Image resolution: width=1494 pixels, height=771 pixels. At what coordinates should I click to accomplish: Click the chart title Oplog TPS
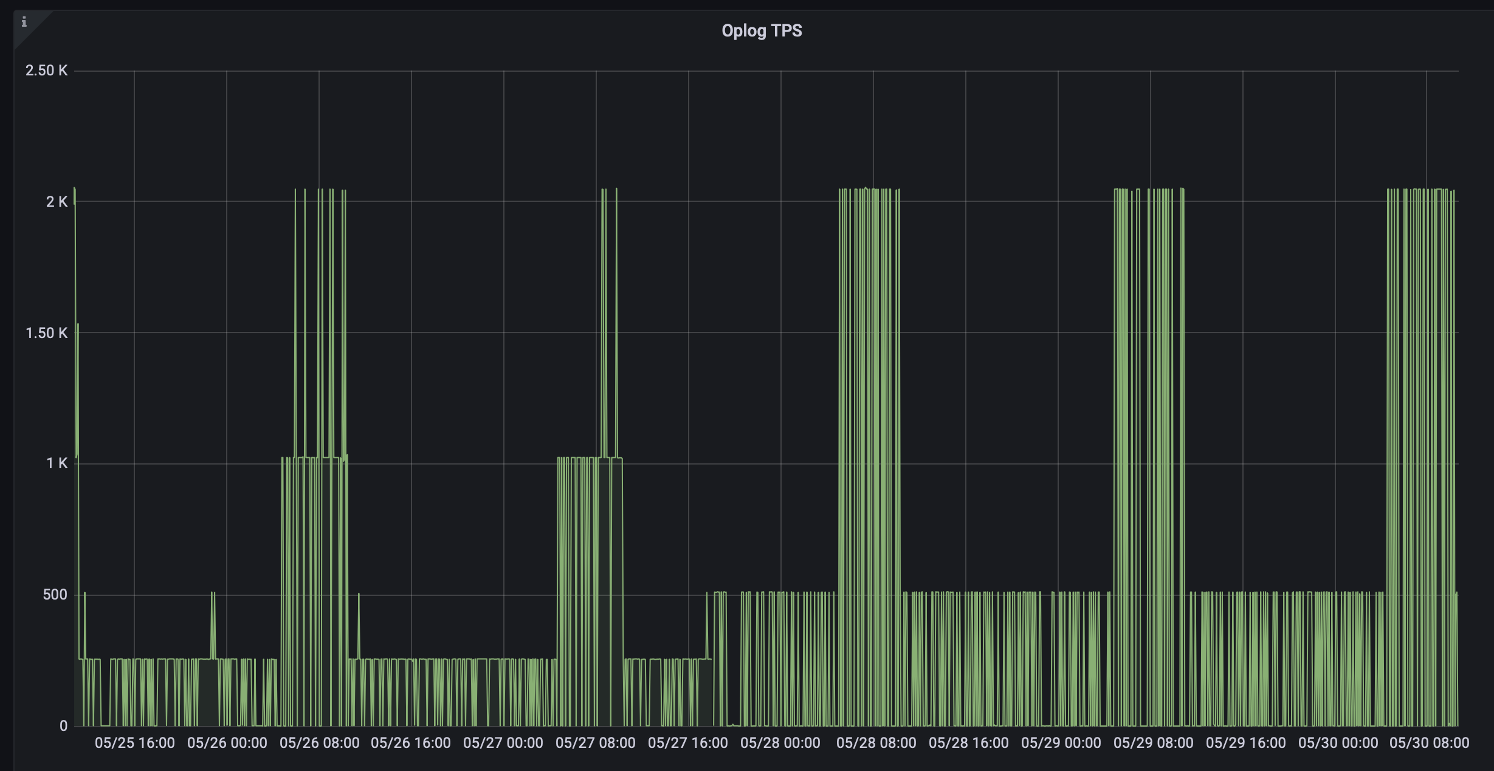[762, 30]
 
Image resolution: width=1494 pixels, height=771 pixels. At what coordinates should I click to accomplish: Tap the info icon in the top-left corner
[24, 22]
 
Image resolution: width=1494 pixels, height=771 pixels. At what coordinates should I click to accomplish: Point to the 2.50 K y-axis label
[46, 71]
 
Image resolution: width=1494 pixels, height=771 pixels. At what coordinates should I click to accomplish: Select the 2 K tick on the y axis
[57, 201]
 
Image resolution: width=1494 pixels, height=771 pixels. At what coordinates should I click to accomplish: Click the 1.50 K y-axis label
[46, 333]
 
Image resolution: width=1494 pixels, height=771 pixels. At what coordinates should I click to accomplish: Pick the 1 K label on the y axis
[57, 463]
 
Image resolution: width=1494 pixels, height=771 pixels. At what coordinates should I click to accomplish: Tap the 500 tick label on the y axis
[55, 595]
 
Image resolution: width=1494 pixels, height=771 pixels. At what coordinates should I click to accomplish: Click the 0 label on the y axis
[63, 725]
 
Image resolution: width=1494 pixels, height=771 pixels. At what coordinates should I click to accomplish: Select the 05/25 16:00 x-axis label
[134, 743]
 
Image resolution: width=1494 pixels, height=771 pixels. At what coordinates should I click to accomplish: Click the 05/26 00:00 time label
[227, 743]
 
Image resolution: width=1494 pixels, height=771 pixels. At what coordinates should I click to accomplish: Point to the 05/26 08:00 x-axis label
[319, 743]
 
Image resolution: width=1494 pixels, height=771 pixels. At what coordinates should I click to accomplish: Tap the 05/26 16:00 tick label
[411, 743]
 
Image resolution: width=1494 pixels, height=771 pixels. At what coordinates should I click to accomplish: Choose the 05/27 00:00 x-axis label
[503, 743]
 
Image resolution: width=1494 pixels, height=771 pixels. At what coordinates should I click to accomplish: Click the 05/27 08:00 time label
[596, 743]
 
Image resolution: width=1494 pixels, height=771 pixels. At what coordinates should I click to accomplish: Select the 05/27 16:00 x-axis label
[688, 743]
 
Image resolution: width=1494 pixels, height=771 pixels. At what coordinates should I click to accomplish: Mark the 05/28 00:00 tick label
[780, 743]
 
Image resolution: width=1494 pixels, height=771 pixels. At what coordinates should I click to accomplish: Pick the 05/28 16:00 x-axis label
[969, 743]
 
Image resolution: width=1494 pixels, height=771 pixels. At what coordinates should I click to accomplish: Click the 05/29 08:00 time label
[1154, 743]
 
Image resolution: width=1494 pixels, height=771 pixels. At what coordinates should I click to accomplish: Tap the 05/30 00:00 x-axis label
[1338, 743]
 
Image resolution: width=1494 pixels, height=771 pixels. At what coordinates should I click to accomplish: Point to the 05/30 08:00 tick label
[1430, 743]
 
